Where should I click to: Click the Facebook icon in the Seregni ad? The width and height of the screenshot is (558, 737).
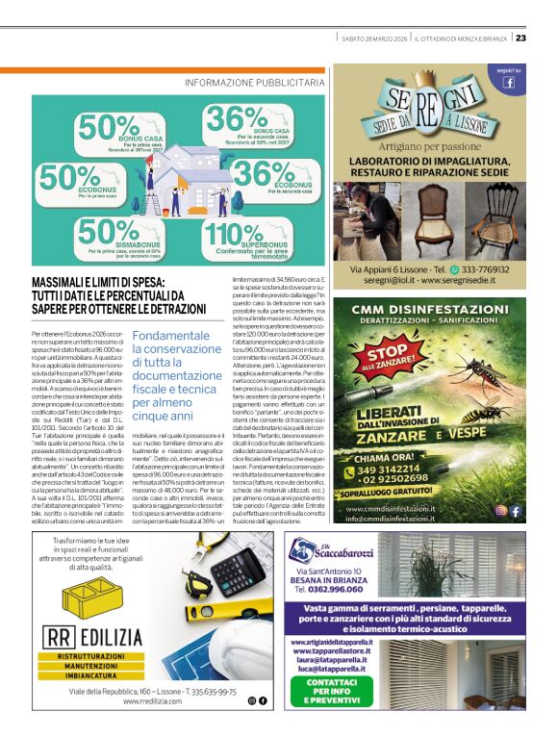pos(508,83)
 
